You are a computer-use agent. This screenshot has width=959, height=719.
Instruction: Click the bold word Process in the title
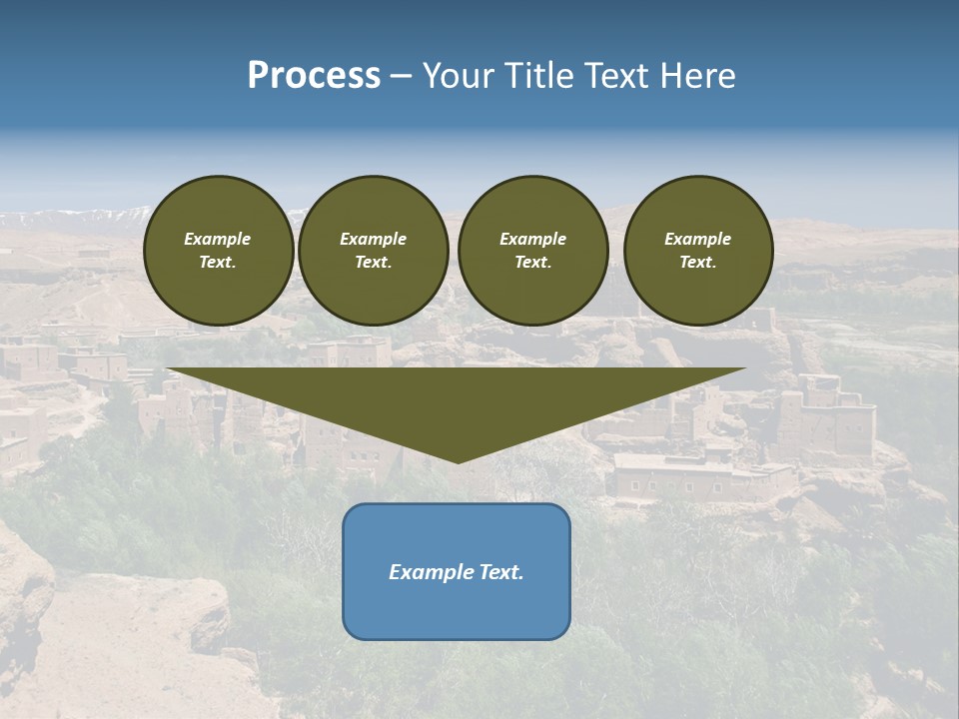[x=314, y=76]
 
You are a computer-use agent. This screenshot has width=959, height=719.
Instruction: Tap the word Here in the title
[x=697, y=76]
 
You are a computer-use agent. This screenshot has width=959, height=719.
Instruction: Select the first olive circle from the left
[x=218, y=251]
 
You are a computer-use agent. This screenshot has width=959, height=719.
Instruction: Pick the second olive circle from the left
[x=373, y=251]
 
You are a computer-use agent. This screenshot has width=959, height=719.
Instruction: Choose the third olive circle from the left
[x=532, y=251]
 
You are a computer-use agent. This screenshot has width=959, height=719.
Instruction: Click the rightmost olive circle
[x=697, y=251]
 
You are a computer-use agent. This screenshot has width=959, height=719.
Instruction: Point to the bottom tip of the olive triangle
[x=458, y=461]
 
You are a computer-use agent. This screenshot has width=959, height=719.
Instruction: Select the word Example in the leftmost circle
[x=218, y=239]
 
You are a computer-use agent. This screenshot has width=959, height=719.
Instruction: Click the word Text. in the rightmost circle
[x=697, y=263]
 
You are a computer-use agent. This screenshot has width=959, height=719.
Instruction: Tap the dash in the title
[x=401, y=77]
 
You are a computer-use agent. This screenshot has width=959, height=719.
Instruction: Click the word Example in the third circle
[x=532, y=239]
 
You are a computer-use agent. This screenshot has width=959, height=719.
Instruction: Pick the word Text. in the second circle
[x=373, y=263]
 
